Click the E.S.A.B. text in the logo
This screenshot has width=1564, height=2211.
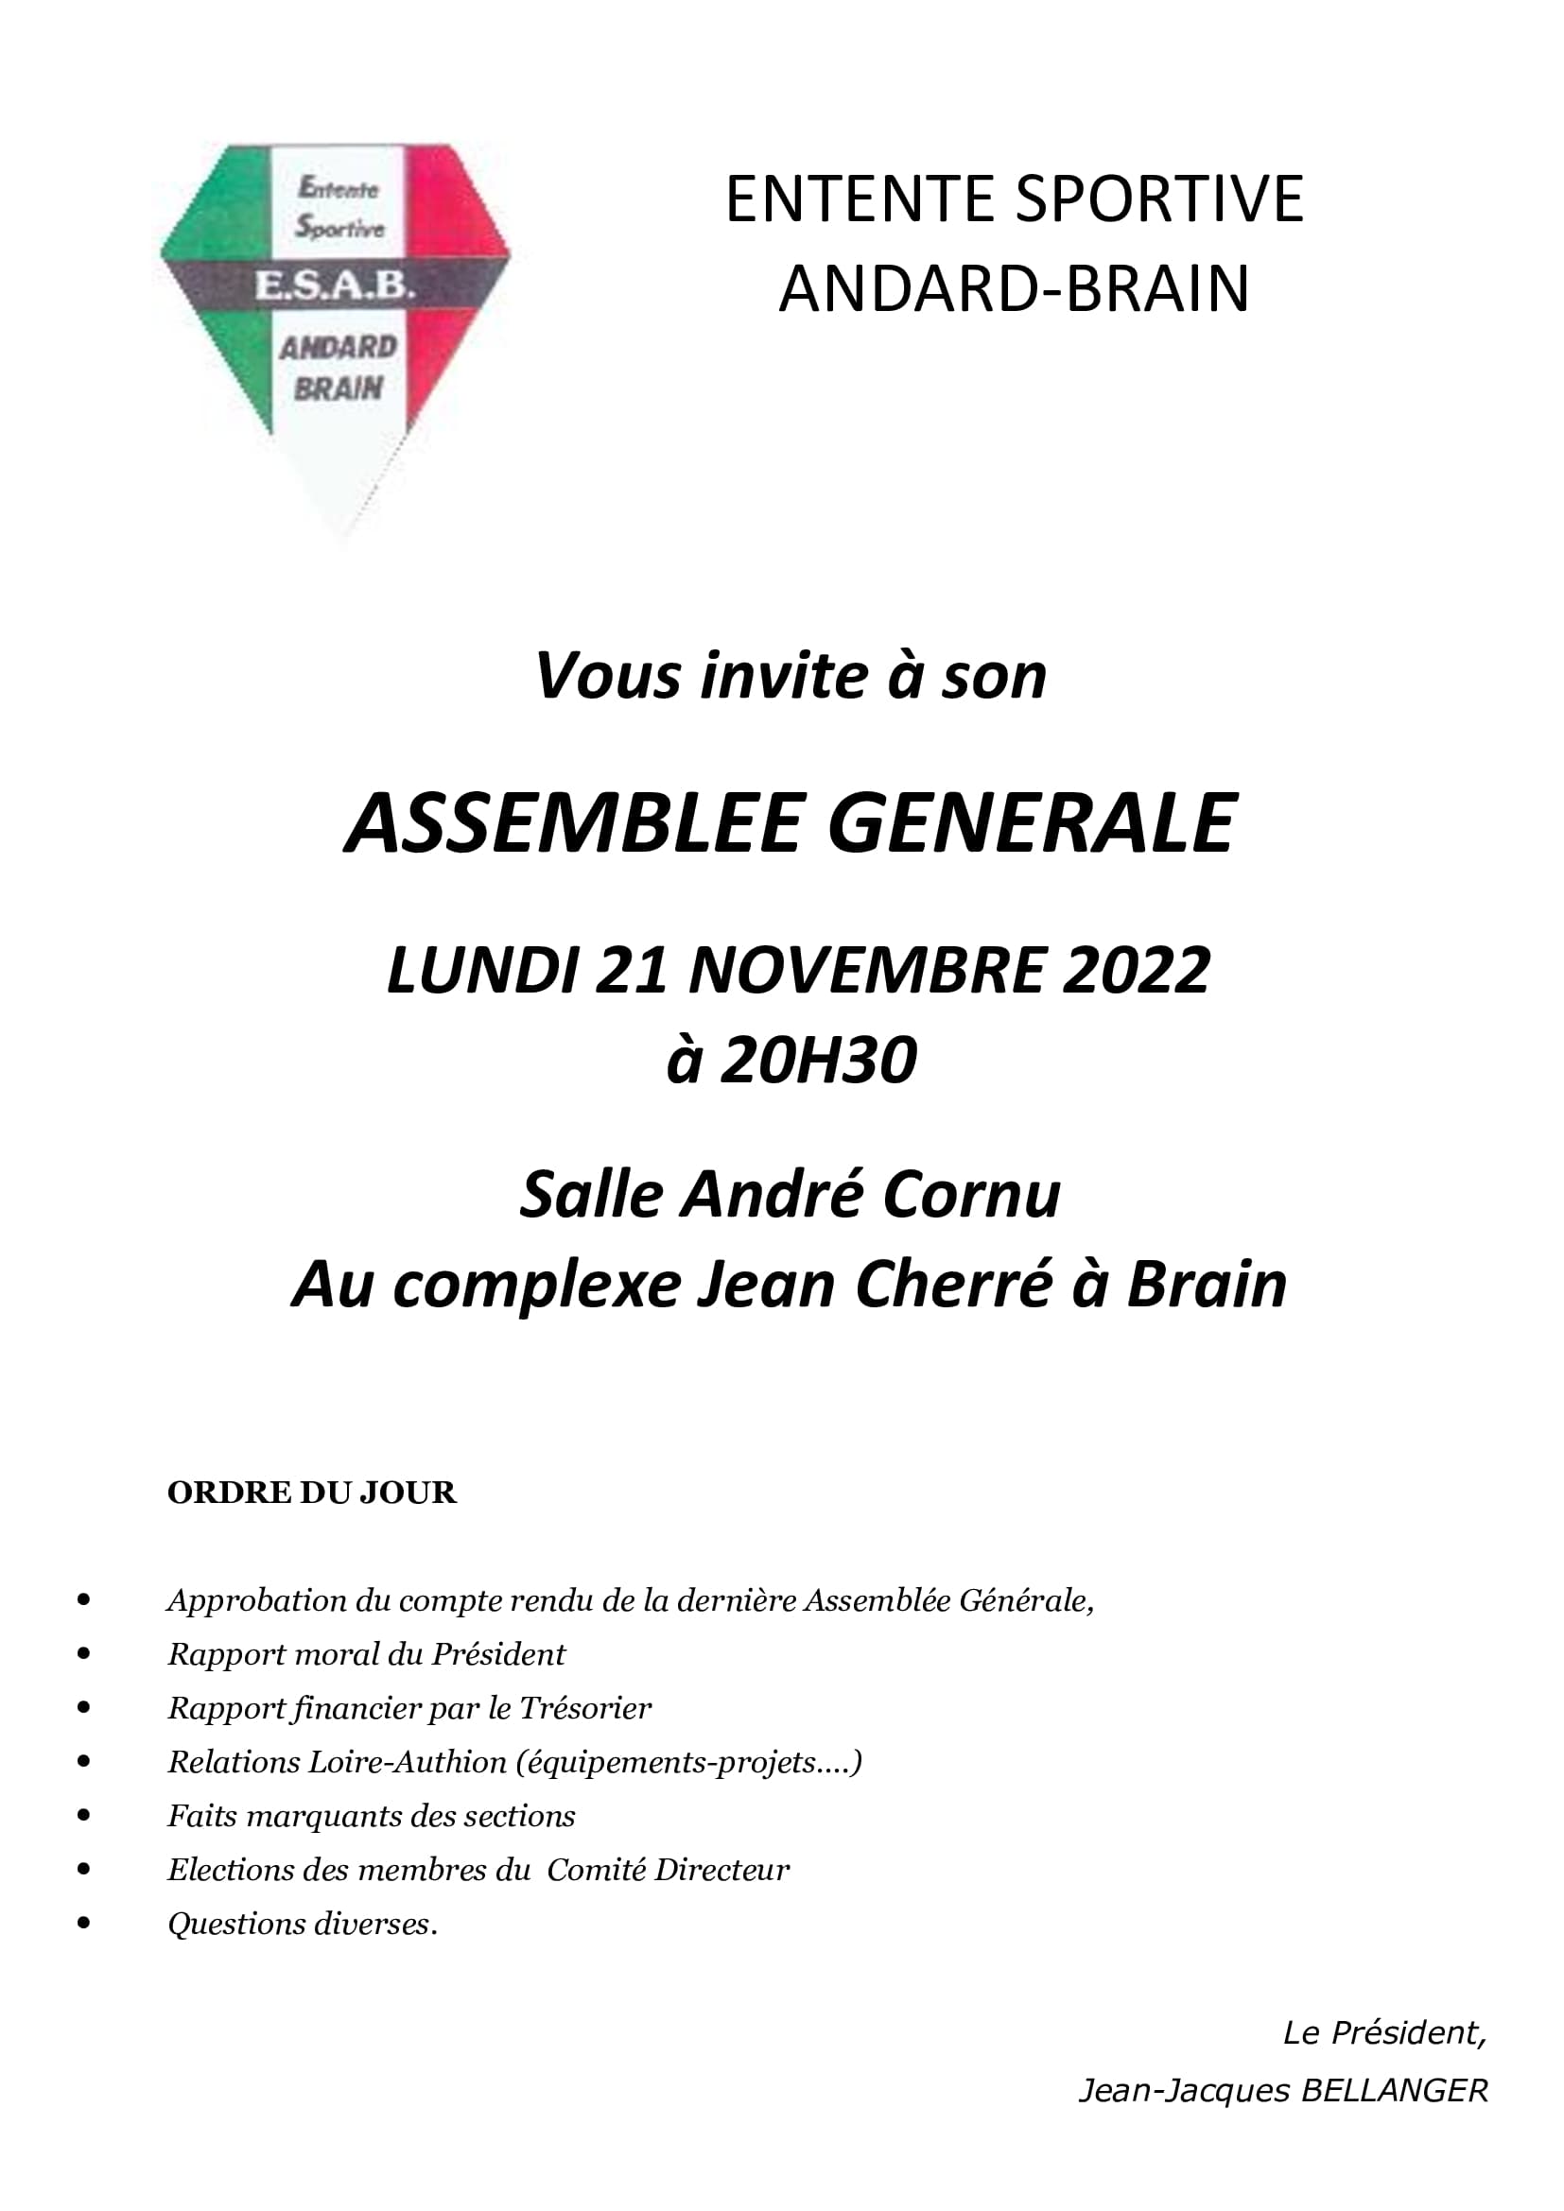pos(334,285)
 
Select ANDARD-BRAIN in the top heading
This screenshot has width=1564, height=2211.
pos(1014,289)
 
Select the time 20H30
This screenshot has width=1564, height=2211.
pos(819,1062)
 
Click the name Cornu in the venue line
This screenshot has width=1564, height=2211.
pos(972,1195)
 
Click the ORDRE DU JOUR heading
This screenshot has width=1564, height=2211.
pos(311,1493)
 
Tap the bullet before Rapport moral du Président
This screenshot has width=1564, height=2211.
pos(85,1653)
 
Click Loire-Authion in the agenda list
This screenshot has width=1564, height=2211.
pos(407,1761)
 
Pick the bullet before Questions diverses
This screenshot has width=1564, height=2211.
pos(85,1923)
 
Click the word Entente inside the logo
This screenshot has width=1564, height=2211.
pos(338,188)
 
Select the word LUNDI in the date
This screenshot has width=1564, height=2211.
pos(482,970)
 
